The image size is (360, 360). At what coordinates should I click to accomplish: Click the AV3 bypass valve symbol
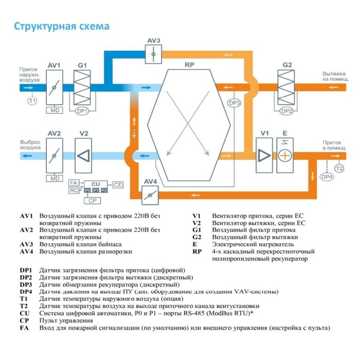(153, 53)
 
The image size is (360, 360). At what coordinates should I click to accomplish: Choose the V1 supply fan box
(264, 155)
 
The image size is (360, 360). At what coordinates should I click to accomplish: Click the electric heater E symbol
(284, 155)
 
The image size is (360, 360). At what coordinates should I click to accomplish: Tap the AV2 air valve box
(54, 155)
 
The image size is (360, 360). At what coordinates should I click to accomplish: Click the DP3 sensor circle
(235, 103)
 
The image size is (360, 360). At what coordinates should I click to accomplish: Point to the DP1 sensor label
(82, 111)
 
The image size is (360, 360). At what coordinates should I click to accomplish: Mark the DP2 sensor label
(287, 111)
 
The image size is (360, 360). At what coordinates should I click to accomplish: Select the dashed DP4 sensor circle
(327, 177)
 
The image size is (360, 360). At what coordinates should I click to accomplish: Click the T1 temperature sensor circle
(32, 101)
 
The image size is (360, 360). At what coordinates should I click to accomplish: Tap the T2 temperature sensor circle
(339, 168)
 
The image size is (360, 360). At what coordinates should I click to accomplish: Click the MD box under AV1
(54, 111)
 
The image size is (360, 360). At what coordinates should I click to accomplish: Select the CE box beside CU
(118, 184)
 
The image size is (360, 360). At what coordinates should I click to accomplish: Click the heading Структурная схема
(61, 26)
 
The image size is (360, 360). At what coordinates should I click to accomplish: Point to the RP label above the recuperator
(189, 65)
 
